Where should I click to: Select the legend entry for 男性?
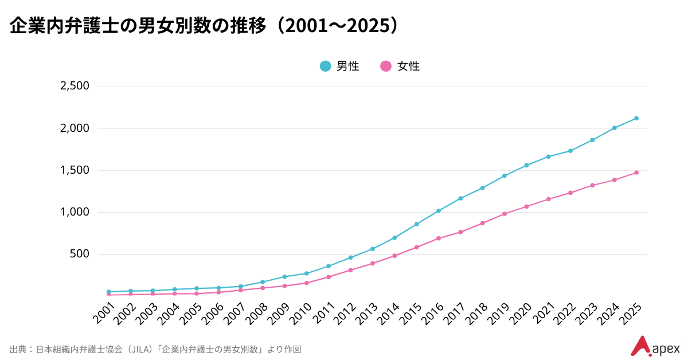pos(339,66)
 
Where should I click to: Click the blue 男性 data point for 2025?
pos(636,119)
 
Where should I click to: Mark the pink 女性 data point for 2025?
pos(636,173)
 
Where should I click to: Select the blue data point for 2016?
pos(439,211)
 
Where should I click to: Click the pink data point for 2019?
pos(505,214)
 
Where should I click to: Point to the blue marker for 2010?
pos(307,273)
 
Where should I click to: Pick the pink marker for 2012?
pos(350,270)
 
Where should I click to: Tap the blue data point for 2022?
pos(570,151)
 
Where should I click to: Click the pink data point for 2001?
pos(108,295)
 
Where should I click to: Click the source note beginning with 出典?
pos(155,349)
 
